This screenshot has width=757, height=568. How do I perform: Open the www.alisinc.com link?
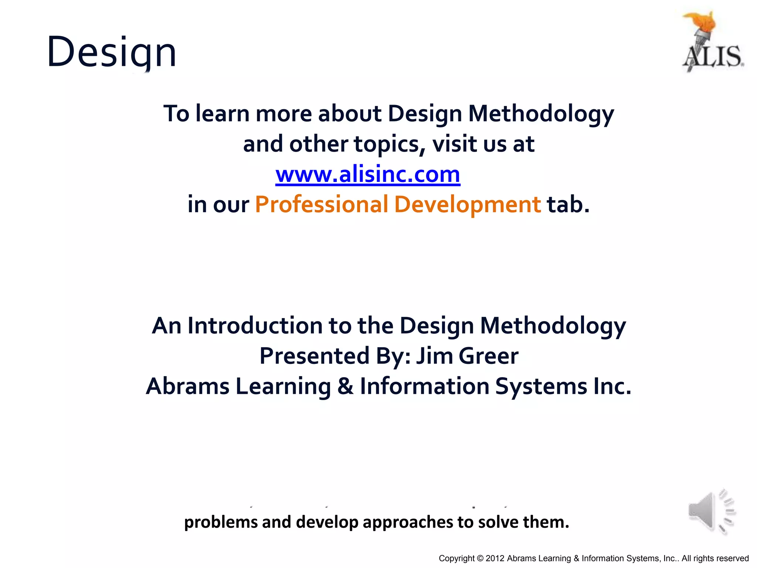(x=368, y=174)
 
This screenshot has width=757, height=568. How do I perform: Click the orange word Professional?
(x=322, y=204)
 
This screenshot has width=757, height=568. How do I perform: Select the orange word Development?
(x=468, y=204)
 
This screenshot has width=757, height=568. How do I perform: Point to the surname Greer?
(x=489, y=356)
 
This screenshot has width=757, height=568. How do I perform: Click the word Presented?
(x=315, y=356)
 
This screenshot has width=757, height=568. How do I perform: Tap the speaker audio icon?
(x=712, y=512)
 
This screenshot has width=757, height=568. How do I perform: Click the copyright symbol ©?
(x=480, y=558)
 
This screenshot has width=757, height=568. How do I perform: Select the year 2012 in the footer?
(x=495, y=558)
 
